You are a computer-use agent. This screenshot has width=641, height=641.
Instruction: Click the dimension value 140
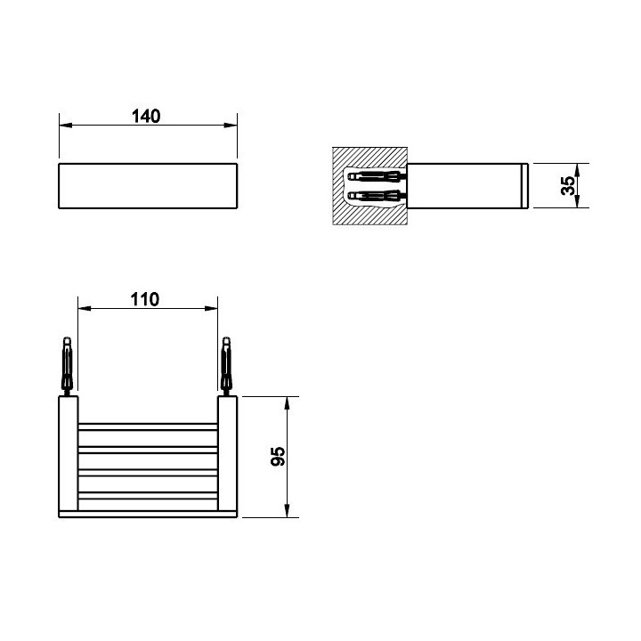[146, 116]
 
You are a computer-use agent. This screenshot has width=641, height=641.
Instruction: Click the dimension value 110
[145, 300]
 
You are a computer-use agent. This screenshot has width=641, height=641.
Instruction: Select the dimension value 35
[567, 185]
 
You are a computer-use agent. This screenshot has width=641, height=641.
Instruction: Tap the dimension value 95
[278, 456]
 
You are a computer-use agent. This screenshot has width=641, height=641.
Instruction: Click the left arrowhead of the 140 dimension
[66, 126]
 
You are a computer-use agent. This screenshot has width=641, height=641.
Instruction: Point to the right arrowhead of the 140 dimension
[231, 126]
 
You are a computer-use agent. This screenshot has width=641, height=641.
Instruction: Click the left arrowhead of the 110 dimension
[85, 308]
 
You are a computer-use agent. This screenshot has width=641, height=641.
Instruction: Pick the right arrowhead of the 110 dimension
[211, 308]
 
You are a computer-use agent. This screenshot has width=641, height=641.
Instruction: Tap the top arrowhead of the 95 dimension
[287, 403]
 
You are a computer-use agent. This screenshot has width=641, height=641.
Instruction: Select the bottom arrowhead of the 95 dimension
[287, 511]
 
